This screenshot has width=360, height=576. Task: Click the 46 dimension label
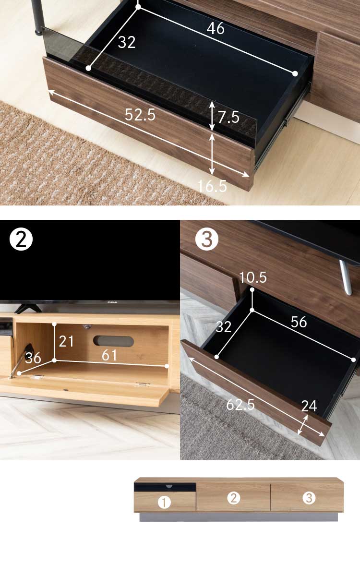[216, 28]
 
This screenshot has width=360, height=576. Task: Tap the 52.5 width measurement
[140, 115]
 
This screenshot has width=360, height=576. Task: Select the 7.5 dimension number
[228, 117]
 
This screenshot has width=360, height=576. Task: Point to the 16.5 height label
[212, 186]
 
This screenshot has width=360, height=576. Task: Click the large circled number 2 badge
[21, 240]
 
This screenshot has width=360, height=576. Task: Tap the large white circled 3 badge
[207, 240]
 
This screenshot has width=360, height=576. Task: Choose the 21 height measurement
[66, 341]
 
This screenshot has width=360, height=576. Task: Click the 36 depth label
[33, 358]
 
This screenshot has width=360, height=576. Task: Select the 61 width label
[109, 355]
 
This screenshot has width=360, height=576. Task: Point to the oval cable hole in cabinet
[113, 341]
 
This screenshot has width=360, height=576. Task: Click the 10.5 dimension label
[253, 277]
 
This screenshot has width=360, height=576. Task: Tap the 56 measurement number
[299, 322]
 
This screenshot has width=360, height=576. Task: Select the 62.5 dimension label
[240, 405]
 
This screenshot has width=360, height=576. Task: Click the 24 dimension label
[309, 406]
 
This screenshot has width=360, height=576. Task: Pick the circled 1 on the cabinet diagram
[164, 502]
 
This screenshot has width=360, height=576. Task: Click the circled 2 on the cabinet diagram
[233, 498]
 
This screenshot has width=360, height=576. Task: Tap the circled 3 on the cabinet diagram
[309, 498]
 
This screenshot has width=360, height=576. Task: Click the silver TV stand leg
[345, 277]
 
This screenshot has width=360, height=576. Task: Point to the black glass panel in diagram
[165, 486]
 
